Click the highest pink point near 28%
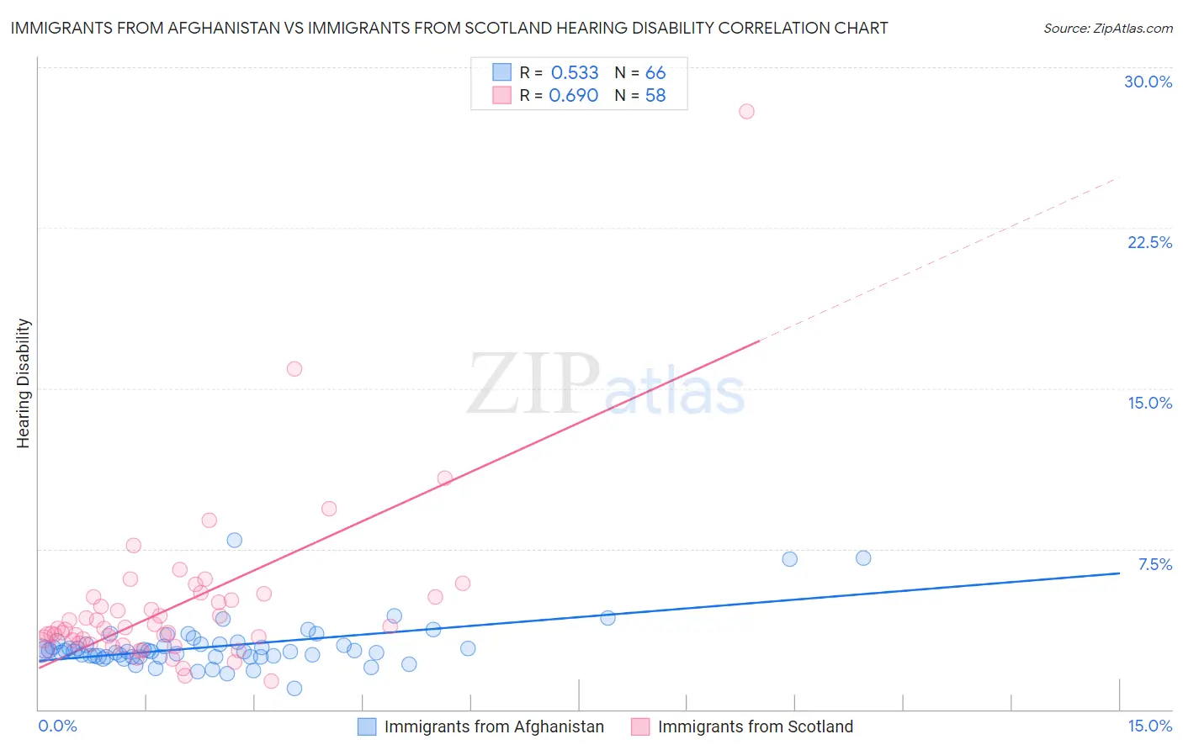click(746, 111)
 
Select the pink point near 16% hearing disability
click(294, 368)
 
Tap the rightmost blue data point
click(862, 558)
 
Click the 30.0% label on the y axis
click(1148, 82)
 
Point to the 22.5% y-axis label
click(1149, 242)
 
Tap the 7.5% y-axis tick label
click(1154, 564)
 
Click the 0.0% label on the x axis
click(57, 726)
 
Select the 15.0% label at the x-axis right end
click(1149, 726)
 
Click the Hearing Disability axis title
click(24, 383)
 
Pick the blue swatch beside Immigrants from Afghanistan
click(367, 726)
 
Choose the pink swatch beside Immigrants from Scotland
click(640, 726)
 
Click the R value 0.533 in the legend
click(575, 73)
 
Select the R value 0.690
click(573, 96)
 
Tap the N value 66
click(655, 73)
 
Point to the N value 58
click(655, 96)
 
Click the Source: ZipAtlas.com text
click(1107, 29)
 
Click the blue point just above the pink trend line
click(235, 540)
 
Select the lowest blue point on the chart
click(294, 689)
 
